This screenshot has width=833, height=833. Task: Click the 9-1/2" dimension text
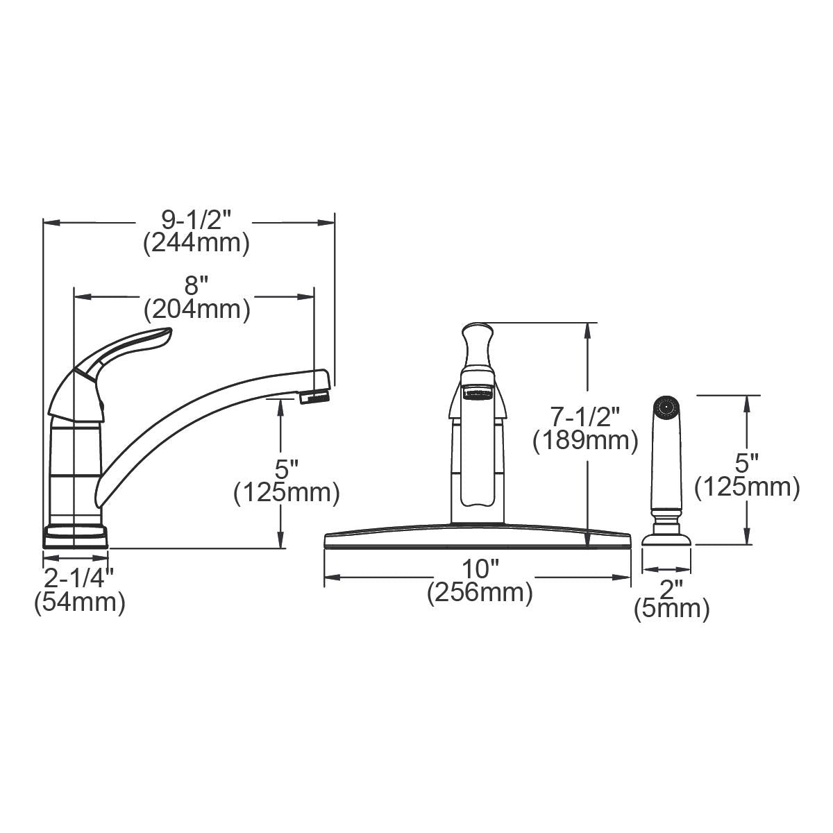coord(195,220)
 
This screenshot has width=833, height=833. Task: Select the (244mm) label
coord(196,244)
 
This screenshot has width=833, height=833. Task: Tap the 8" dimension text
coord(196,285)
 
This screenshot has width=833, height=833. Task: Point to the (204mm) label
coord(196,309)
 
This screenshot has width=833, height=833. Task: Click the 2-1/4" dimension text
coord(78,577)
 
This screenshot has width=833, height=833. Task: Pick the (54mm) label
coord(79,601)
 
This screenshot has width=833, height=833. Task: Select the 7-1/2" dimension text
coord(585,417)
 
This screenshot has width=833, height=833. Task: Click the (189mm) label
coord(585,441)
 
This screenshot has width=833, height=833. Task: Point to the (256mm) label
coord(480,594)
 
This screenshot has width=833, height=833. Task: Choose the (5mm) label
coord(671,610)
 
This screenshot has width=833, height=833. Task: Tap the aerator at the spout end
coord(314,398)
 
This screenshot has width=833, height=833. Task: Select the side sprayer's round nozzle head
coord(666,407)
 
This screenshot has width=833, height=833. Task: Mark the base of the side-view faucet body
coord(76,534)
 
